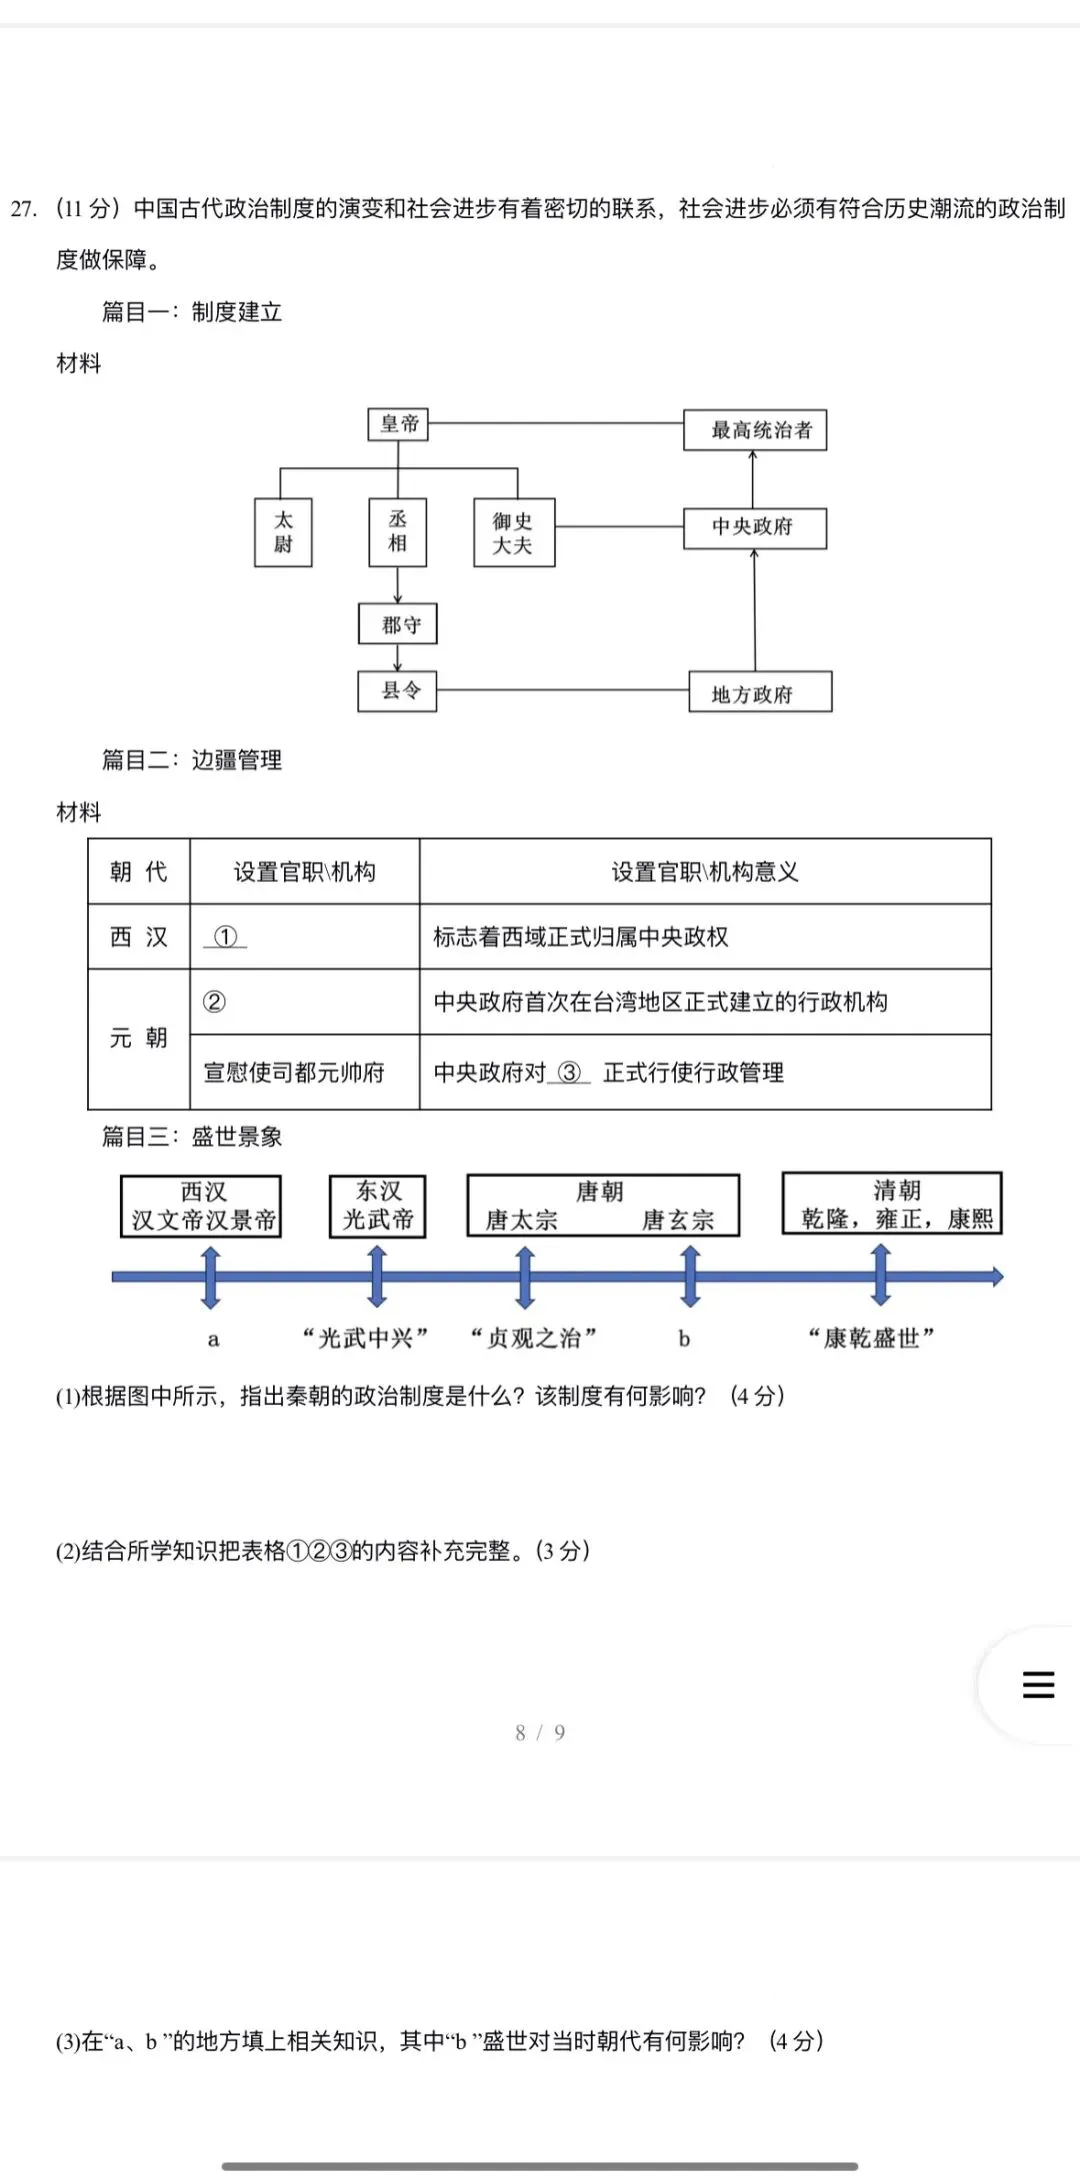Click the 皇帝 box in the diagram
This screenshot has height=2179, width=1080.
pyautogui.click(x=398, y=424)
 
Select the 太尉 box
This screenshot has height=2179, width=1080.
pyautogui.click(x=283, y=532)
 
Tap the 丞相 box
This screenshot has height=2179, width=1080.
pyautogui.click(x=398, y=531)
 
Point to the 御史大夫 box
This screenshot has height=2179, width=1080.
pyautogui.click(x=513, y=533)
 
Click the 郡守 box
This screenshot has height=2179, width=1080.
pyautogui.click(x=398, y=625)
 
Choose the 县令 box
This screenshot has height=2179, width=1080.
pyautogui.click(x=398, y=691)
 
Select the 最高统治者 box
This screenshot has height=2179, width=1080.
pyautogui.click(x=755, y=430)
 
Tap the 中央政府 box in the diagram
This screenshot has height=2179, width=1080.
pyautogui.click(x=755, y=527)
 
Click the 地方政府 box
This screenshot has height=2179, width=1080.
pyautogui.click(x=759, y=693)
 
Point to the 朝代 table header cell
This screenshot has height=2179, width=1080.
pyautogui.click(x=139, y=872)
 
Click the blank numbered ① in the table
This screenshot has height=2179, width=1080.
pyautogui.click(x=226, y=937)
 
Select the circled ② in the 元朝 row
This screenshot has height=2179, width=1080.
pyautogui.click(x=214, y=1002)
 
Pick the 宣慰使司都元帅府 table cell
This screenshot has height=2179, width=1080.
pyautogui.click(x=294, y=1073)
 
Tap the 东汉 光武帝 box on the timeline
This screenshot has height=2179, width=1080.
pyautogui.click(x=378, y=1206)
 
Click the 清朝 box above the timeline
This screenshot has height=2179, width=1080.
pyautogui.click(x=892, y=1204)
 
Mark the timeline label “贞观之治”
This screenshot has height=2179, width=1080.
pyautogui.click(x=534, y=1338)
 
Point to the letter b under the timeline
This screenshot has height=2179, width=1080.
pyautogui.click(x=684, y=1339)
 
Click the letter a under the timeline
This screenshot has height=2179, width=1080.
pyautogui.click(x=213, y=1340)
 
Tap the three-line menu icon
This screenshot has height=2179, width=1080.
pyautogui.click(x=1038, y=1685)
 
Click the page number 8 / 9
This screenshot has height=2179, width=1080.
pyautogui.click(x=540, y=1733)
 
